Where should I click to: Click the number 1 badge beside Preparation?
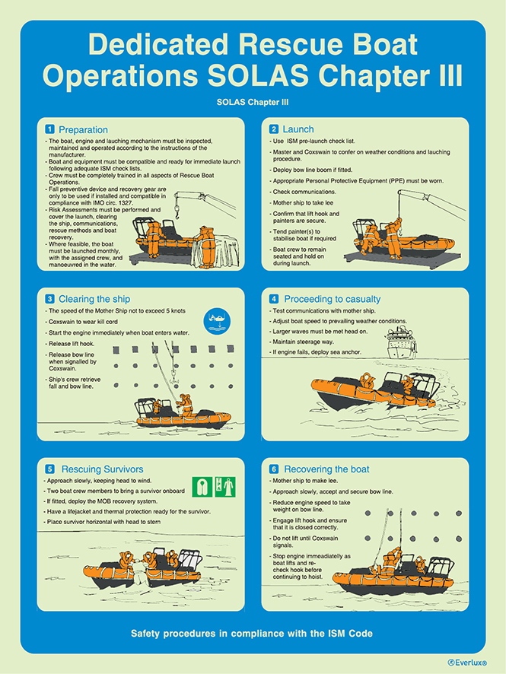[49, 129]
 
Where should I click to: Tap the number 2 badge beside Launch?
[273, 129]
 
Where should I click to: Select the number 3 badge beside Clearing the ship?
[49, 299]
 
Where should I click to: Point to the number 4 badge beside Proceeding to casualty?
[273, 299]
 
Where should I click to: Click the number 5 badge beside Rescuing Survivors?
[49, 469]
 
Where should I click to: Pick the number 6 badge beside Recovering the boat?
[273, 469]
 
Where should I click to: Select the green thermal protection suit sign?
[226, 486]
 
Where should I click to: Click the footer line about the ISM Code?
[252, 634]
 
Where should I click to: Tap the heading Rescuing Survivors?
[102, 469]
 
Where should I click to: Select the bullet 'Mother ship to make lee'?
[311, 482]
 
